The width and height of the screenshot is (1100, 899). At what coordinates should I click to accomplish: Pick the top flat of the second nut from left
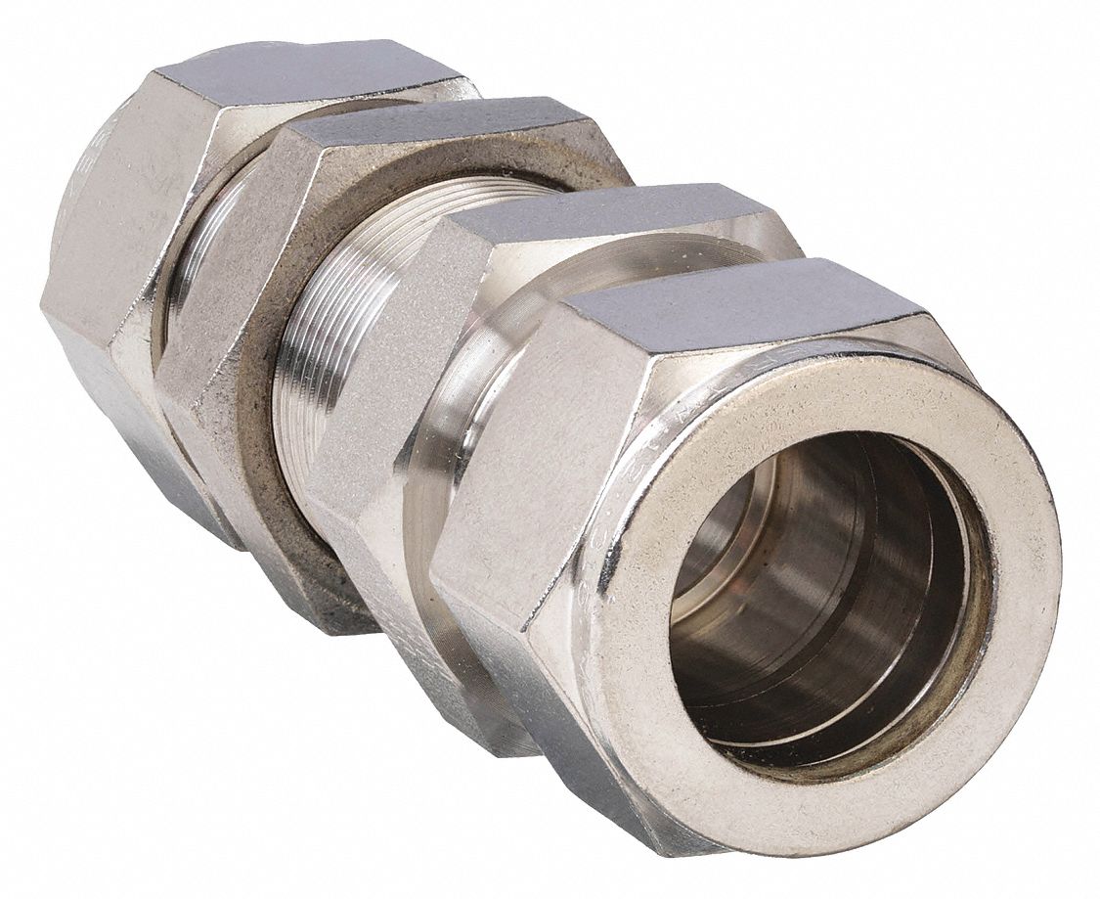(440, 132)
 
